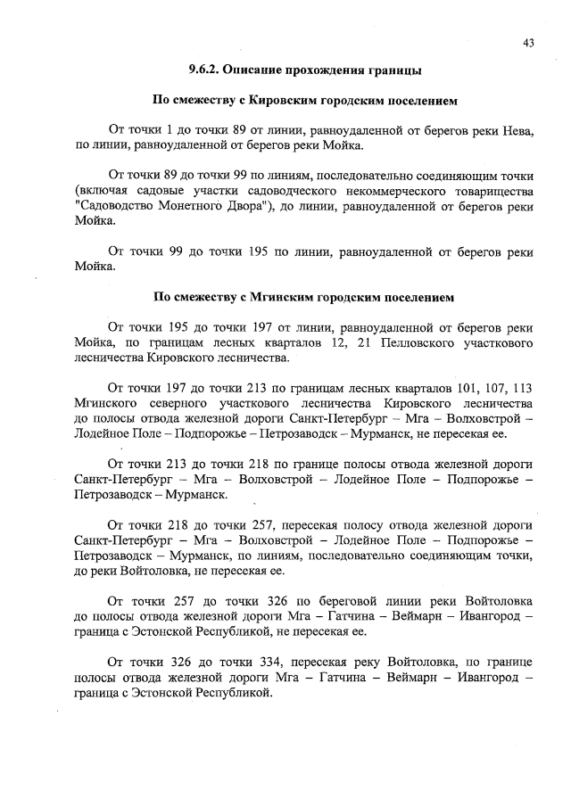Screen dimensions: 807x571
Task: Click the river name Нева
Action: pyautogui.click(x=517, y=130)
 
